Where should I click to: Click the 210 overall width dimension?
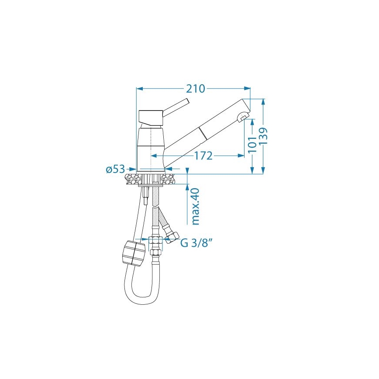[195, 88]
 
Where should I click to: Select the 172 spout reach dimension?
[203, 155]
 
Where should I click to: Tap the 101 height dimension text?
[252, 145]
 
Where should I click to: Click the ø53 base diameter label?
[115, 169]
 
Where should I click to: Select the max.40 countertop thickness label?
[195, 206]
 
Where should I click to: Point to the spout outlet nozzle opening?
[242, 117]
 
